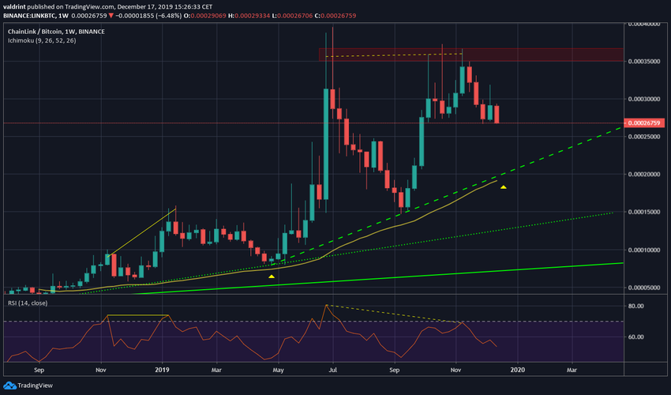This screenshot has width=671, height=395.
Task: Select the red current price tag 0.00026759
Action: pyautogui.click(x=646, y=123)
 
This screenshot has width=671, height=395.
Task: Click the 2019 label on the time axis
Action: pyautogui.click(x=163, y=368)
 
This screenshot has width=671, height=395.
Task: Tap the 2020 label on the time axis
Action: pyautogui.click(x=516, y=368)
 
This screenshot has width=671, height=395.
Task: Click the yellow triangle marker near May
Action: pyautogui.click(x=272, y=276)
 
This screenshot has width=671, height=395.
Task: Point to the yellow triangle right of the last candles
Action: pyautogui.click(x=503, y=186)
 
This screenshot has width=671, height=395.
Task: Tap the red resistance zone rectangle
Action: pyautogui.click(x=395, y=55)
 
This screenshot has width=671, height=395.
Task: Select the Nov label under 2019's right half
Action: pyautogui.click(x=456, y=368)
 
